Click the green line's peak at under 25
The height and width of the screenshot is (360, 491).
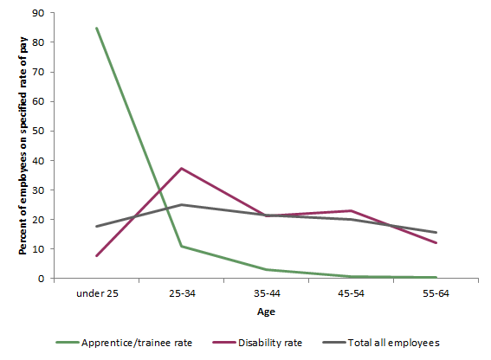point(96,28)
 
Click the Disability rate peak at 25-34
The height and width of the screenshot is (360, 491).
point(181,168)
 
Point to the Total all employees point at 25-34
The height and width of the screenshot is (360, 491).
point(181,205)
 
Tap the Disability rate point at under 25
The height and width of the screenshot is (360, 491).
point(96,255)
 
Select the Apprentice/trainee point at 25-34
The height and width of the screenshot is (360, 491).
point(181,247)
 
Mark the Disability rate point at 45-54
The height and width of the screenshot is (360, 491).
point(351,210)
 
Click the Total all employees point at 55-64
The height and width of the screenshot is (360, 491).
point(436,232)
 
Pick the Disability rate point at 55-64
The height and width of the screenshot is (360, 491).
point(436,243)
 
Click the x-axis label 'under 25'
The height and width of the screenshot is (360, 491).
point(96,294)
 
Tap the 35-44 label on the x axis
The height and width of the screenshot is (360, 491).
point(266,294)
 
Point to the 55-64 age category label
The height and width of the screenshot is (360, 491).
point(436,294)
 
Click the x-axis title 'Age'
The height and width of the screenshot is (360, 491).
point(266,312)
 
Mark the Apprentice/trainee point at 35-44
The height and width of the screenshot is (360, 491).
point(266,270)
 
